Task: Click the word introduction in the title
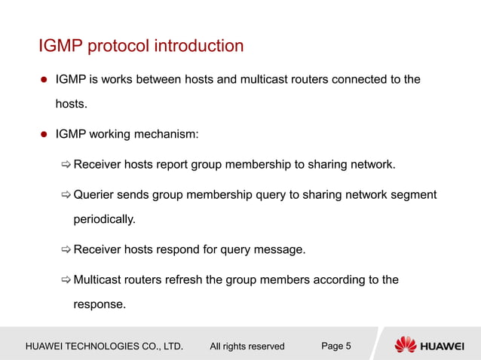199,46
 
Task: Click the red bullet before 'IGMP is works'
44,80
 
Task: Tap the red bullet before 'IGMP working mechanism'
44,136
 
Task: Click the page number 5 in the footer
348,346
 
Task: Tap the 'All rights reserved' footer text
247,346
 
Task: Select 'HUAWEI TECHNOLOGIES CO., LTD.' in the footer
105,346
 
